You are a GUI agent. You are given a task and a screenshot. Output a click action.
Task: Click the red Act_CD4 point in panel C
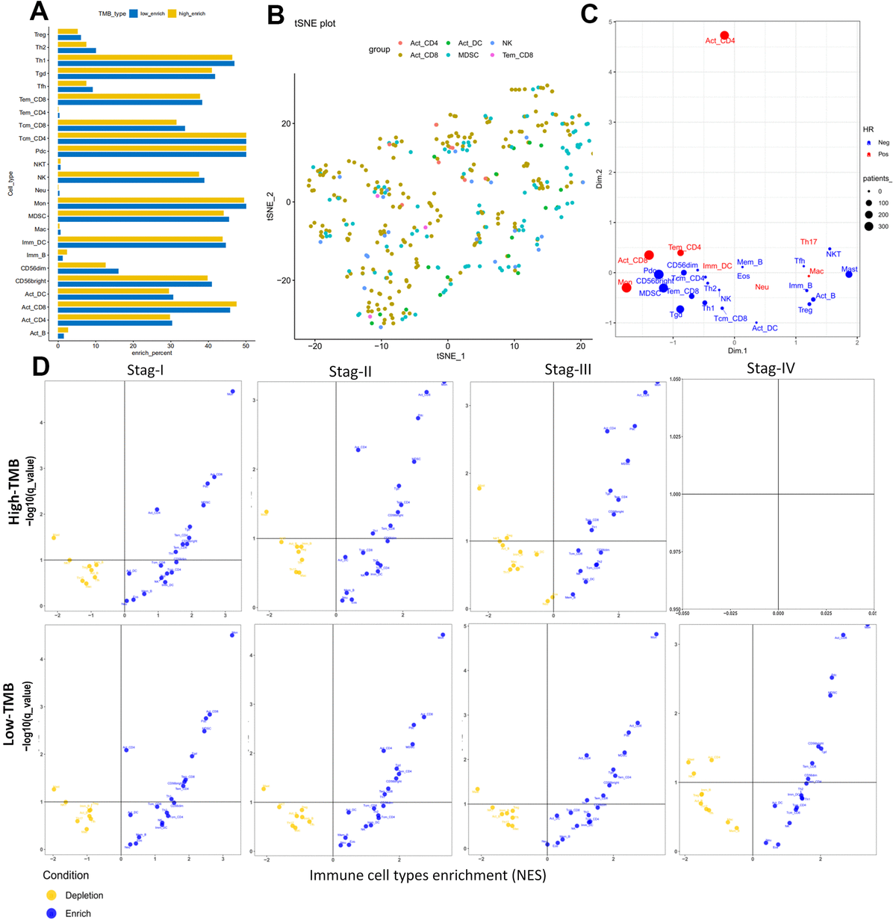724,35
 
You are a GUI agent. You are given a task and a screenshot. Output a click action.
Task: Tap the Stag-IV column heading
771,368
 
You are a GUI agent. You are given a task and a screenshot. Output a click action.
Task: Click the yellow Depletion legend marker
52,895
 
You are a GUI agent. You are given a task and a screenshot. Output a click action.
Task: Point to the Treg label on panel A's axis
40,34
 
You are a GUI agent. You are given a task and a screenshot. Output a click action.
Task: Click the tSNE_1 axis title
450,356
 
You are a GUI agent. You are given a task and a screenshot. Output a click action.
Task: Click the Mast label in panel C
849,269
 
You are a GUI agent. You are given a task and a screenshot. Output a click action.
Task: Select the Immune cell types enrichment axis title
428,875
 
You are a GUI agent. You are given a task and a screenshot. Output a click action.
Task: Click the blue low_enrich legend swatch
134,13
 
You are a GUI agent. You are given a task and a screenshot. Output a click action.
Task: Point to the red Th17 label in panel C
809,242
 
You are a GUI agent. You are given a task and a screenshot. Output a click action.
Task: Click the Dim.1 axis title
737,351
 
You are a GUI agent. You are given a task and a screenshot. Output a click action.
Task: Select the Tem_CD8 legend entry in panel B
517,55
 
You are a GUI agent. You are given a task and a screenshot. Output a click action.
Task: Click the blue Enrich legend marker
52,913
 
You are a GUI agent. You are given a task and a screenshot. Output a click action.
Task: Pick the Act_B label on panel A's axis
37,333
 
